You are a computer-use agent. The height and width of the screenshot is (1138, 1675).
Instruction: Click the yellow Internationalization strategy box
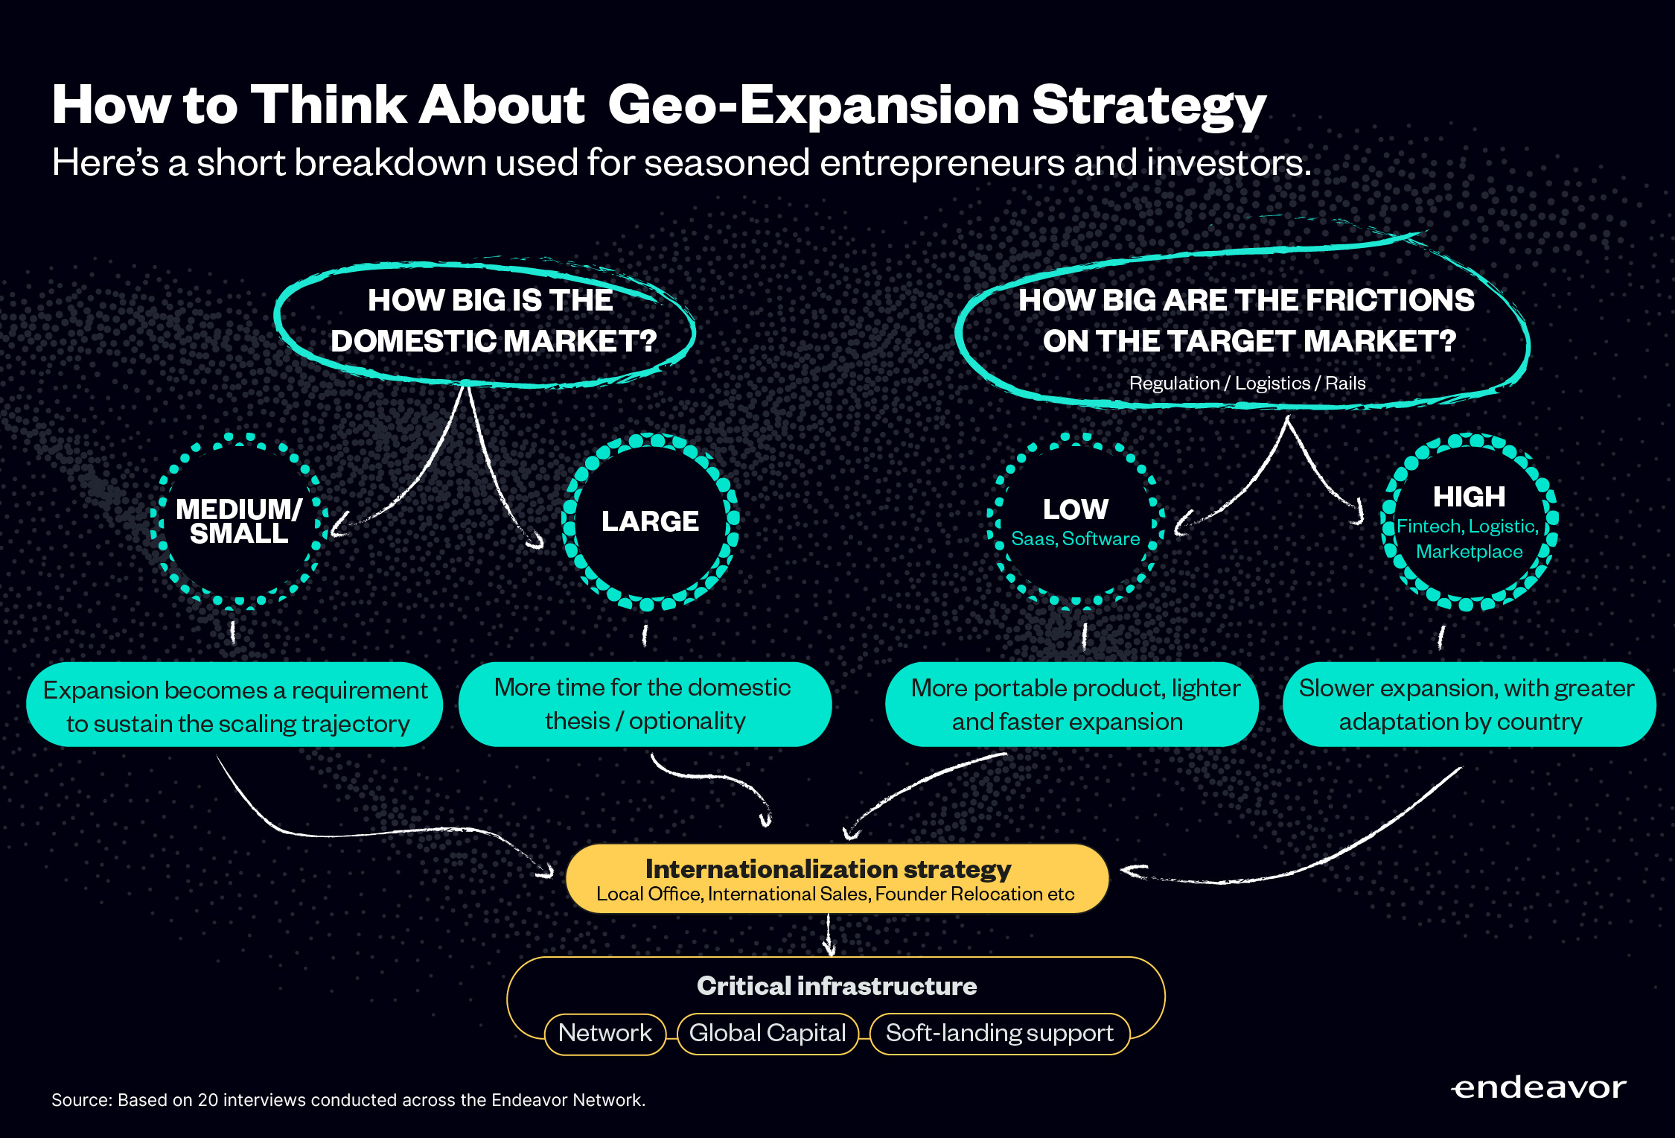coord(837,878)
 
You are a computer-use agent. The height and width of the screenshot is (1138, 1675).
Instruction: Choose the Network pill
coord(605,1034)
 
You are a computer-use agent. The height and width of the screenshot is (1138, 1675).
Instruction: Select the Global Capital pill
coord(768,1034)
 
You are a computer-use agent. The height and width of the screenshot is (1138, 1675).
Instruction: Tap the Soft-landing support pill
coord(1000,1034)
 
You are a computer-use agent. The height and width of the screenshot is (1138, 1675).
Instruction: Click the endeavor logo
coord(1539,1088)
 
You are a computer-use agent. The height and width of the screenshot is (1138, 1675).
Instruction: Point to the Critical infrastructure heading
coord(837,986)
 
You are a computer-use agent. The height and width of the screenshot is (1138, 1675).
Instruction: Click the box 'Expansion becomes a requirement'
coord(234,705)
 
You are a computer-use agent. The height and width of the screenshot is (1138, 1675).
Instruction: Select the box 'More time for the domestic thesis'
coord(645,705)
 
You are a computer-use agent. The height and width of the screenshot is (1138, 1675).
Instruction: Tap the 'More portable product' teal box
coord(1072,705)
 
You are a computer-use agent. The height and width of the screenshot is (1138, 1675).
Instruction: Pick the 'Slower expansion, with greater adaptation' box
coord(1470,705)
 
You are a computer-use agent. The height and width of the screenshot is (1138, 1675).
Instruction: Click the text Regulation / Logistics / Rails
coord(1248,384)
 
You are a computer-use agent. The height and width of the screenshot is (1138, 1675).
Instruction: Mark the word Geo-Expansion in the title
coord(814,105)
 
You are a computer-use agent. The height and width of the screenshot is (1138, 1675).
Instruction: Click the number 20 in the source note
coord(208,1100)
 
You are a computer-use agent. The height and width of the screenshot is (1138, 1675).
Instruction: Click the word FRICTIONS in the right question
coord(1390,300)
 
